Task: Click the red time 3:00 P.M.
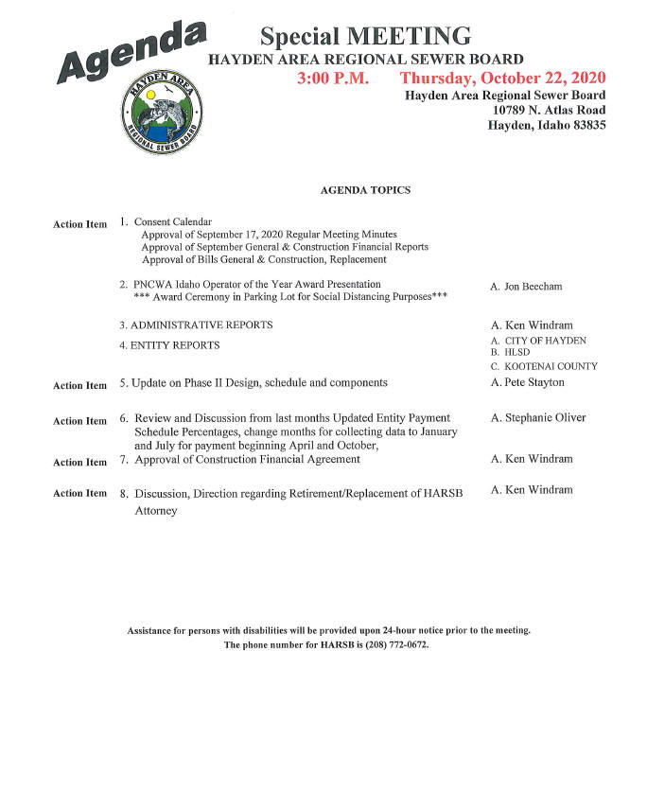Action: click(332, 78)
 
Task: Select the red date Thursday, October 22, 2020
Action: click(502, 78)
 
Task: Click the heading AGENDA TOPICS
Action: click(366, 190)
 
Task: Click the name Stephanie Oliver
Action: click(544, 417)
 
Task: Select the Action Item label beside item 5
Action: click(80, 385)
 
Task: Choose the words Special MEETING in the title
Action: click(365, 36)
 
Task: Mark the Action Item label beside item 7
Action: click(80, 463)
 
